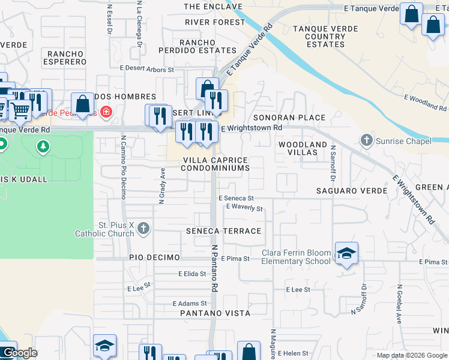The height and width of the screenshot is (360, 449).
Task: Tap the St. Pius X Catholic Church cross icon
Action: [143, 228]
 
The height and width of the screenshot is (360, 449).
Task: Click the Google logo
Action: [19, 353]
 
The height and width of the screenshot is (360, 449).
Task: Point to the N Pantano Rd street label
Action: [214, 268]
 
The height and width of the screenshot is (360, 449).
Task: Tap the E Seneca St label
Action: [236, 198]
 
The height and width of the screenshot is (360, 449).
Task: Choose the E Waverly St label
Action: [244, 208]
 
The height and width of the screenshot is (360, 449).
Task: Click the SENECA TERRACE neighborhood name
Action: [224, 231]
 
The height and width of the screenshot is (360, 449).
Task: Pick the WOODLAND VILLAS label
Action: [303, 149]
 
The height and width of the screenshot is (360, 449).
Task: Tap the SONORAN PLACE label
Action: [289, 118]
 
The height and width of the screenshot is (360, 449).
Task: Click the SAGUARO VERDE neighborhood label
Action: [346, 191]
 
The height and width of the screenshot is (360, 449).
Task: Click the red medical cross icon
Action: [106, 111]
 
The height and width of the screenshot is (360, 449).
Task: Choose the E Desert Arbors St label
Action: [147, 70]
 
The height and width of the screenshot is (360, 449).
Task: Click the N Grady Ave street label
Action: [161, 186]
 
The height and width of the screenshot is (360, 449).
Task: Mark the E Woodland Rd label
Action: [425, 102]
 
